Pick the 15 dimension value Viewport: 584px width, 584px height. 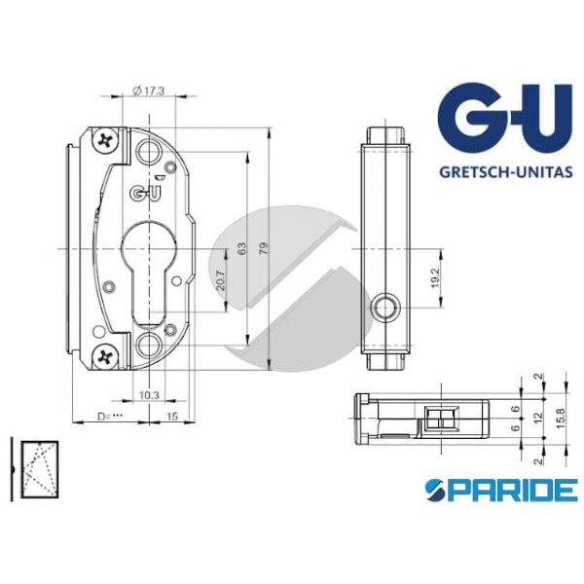[171, 417]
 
